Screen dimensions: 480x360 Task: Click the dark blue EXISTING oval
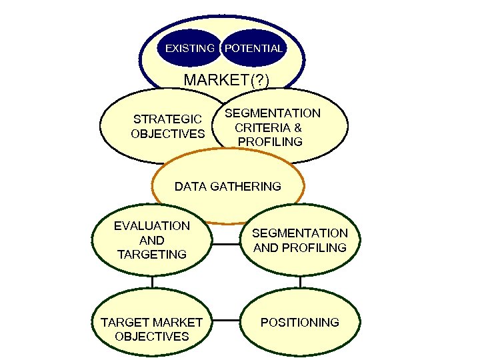click(190, 48)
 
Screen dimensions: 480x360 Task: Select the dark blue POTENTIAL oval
click(253, 48)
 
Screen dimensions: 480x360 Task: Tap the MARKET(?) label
click(226, 80)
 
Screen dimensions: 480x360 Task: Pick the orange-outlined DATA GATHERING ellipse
click(228, 187)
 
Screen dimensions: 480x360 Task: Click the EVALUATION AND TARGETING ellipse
click(152, 241)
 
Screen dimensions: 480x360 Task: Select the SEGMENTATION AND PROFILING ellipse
click(300, 241)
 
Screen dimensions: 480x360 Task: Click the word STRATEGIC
click(167, 119)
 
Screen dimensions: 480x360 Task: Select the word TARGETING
click(151, 255)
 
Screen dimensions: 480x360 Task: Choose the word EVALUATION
click(152, 226)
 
